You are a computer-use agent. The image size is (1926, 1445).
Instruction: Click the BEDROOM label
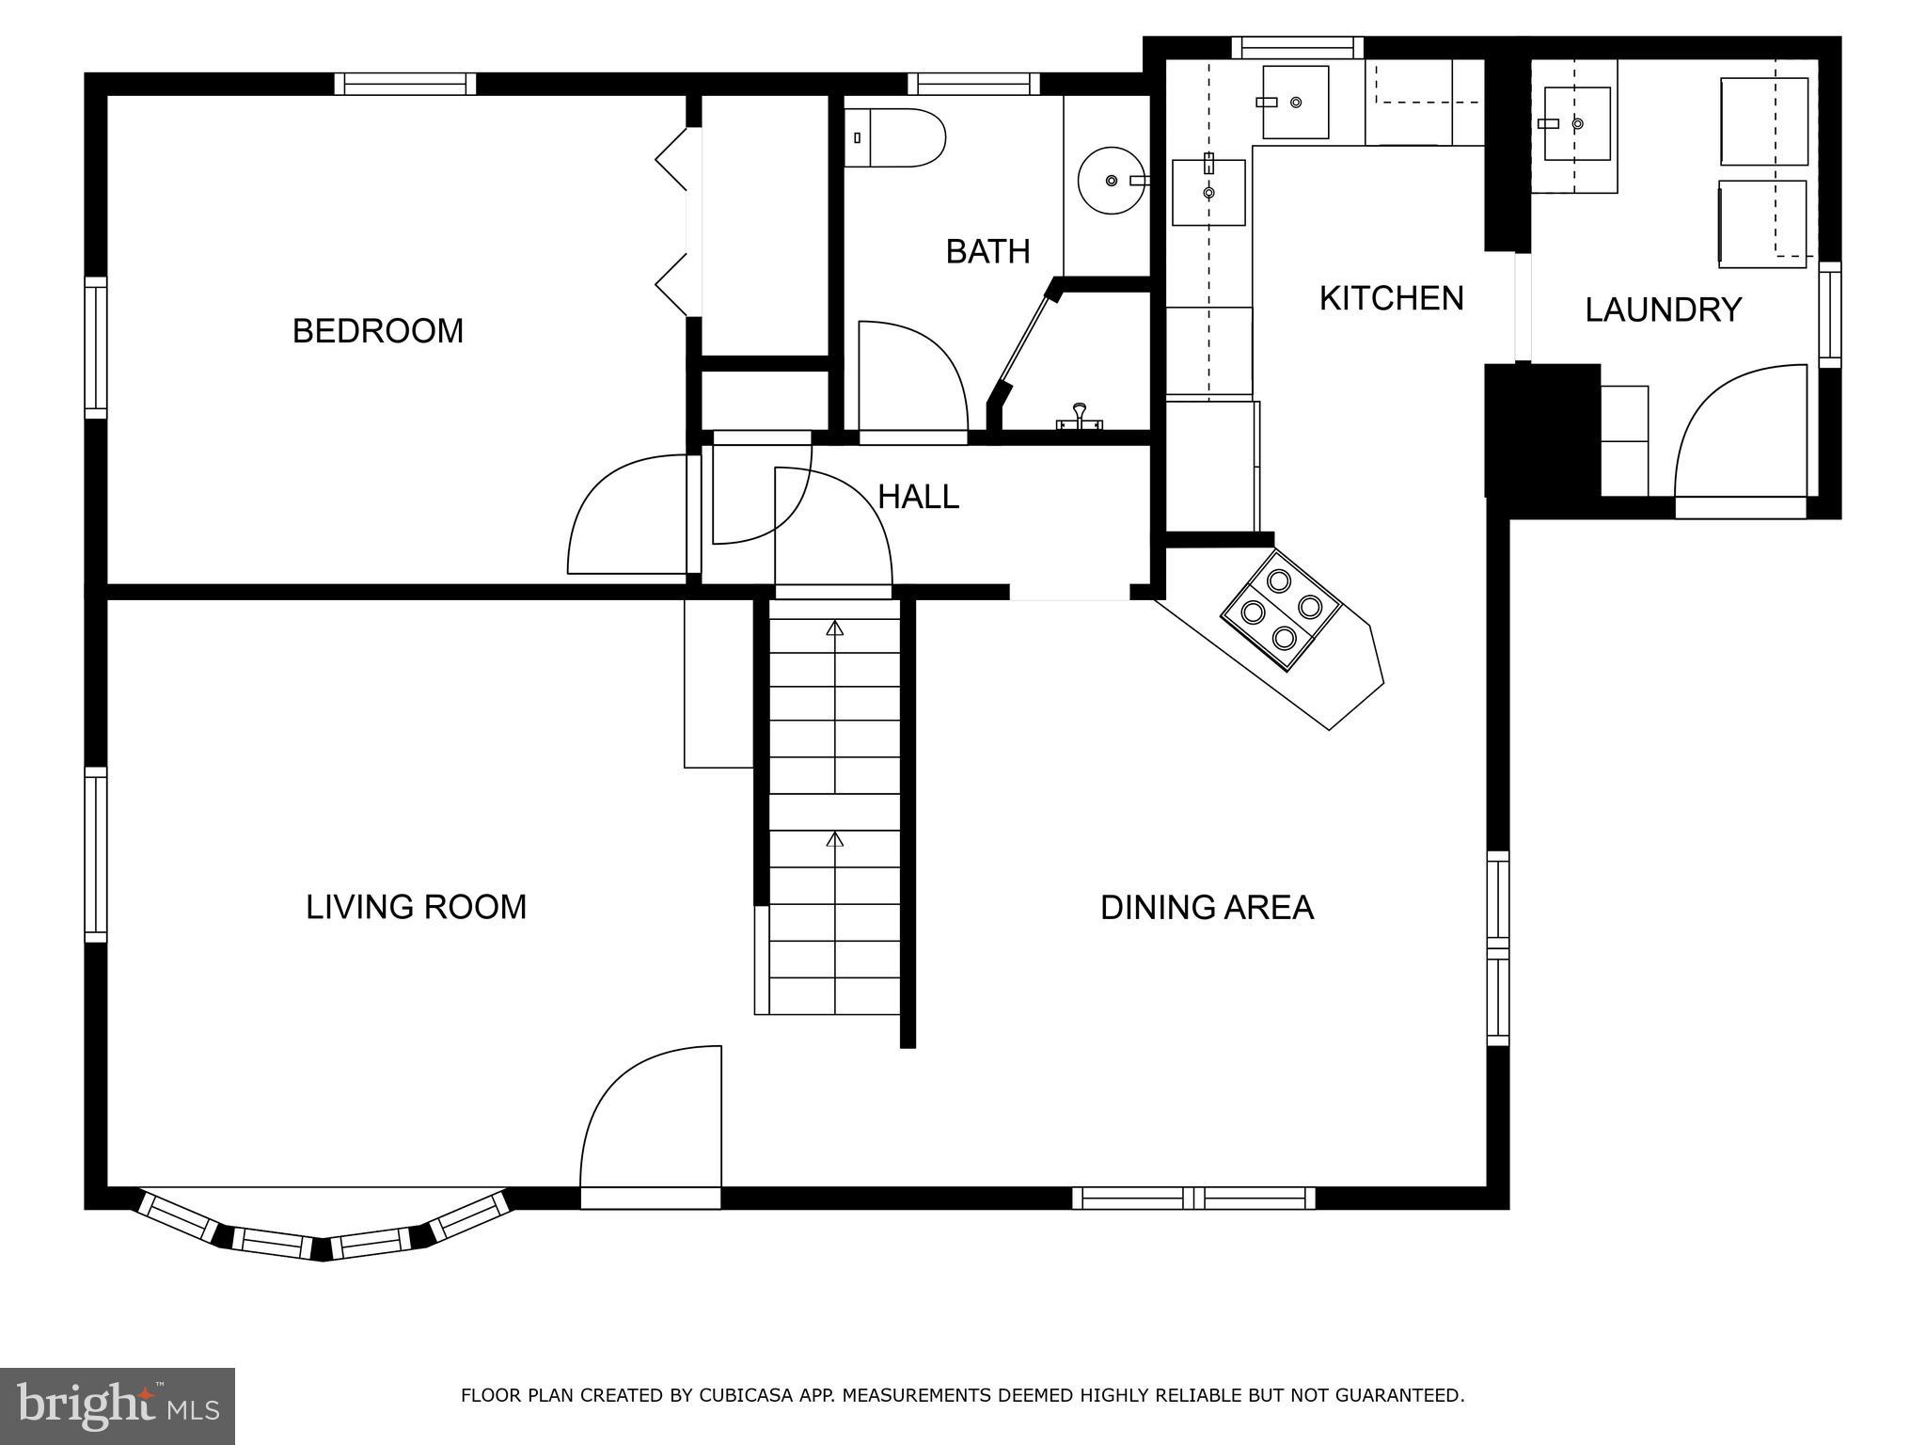(x=378, y=331)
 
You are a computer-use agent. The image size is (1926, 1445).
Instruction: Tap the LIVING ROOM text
(x=416, y=907)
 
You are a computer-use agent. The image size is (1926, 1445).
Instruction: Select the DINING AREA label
(x=1207, y=908)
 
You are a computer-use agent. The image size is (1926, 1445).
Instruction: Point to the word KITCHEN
(x=1391, y=298)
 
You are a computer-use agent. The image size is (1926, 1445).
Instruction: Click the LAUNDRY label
(x=1663, y=310)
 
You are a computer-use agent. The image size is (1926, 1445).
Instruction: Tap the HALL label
(x=918, y=497)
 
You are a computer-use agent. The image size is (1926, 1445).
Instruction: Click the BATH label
(x=987, y=251)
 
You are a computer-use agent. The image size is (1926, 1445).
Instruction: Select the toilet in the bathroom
(x=893, y=138)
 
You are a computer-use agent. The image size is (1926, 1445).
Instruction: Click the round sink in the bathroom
(x=1112, y=180)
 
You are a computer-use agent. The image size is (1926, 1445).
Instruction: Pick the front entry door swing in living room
(x=649, y=1119)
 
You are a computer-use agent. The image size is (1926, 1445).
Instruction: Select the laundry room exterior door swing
(x=1740, y=433)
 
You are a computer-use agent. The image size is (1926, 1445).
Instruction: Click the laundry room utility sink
(x=1576, y=123)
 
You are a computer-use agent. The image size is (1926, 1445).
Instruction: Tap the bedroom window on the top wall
(x=405, y=84)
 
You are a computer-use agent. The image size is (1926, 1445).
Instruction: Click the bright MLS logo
(x=117, y=1405)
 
